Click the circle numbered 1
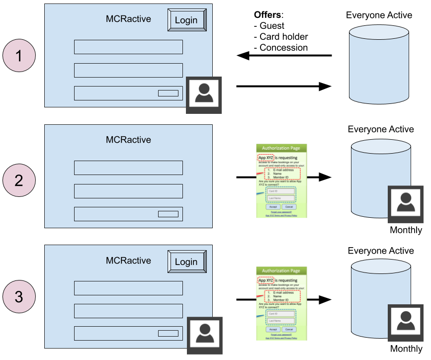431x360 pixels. (x=19, y=56)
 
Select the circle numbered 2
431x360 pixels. (x=19, y=180)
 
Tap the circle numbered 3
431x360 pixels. (x=19, y=297)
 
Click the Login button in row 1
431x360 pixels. (x=186, y=20)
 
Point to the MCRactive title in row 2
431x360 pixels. (x=128, y=140)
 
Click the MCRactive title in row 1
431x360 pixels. (x=128, y=19)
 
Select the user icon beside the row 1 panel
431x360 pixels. (x=204, y=95)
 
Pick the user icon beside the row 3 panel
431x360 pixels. (x=204, y=335)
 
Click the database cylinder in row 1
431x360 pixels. (x=379, y=65)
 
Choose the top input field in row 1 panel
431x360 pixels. (x=128, y=47)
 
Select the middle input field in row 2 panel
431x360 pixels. (x=128, y=191)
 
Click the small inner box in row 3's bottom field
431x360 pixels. (x=168, y=334)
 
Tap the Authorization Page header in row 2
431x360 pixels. (x=281, y=148)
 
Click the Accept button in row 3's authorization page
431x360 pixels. (x=273, y=329)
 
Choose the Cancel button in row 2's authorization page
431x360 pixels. (x=289, y=207)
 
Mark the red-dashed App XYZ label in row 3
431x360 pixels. (x=266, y=280)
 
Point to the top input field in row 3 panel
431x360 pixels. (x=128, y=288)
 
